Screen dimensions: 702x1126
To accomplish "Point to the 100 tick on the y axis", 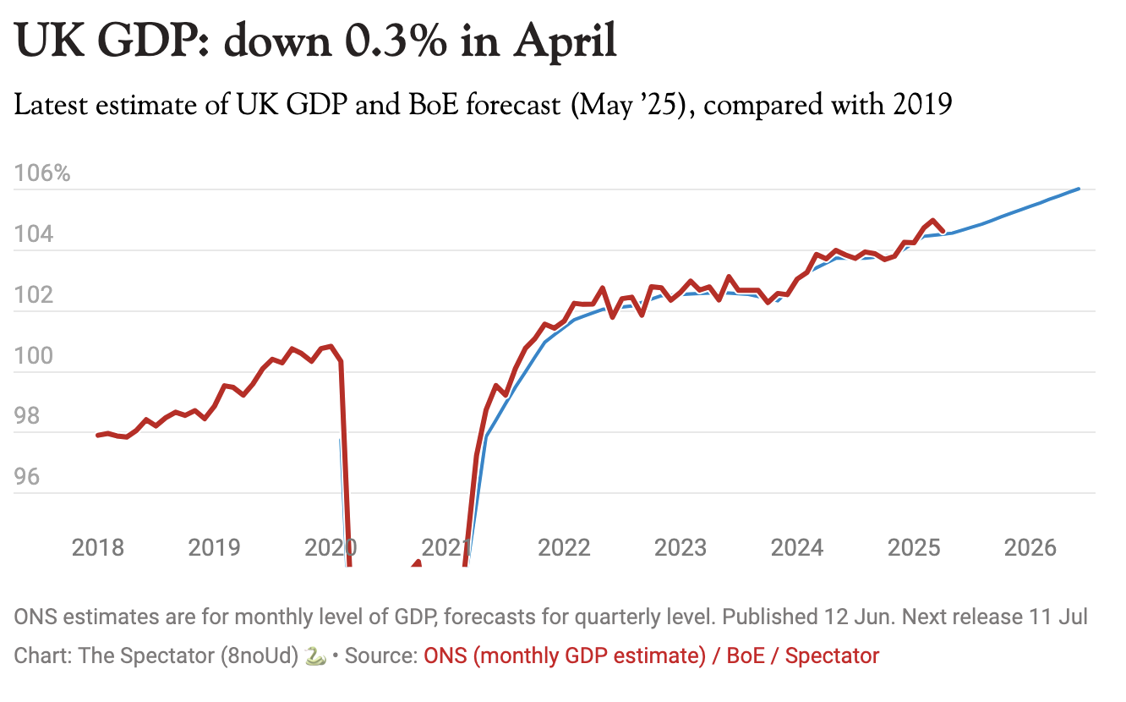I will pos(32,357).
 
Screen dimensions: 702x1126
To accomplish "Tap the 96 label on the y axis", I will pos(27,478).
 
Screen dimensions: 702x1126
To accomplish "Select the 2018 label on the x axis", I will pos(98,547).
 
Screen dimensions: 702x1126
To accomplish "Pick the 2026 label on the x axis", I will pos(1030,547).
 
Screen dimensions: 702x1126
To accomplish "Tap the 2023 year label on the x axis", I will pos(681,547).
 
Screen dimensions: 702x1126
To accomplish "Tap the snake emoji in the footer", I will pos(315,655).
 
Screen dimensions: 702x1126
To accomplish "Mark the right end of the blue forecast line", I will pos(1079,189).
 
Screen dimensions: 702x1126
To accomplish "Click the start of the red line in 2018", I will pos(97,436).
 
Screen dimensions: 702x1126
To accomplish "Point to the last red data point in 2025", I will pos(943,230).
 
